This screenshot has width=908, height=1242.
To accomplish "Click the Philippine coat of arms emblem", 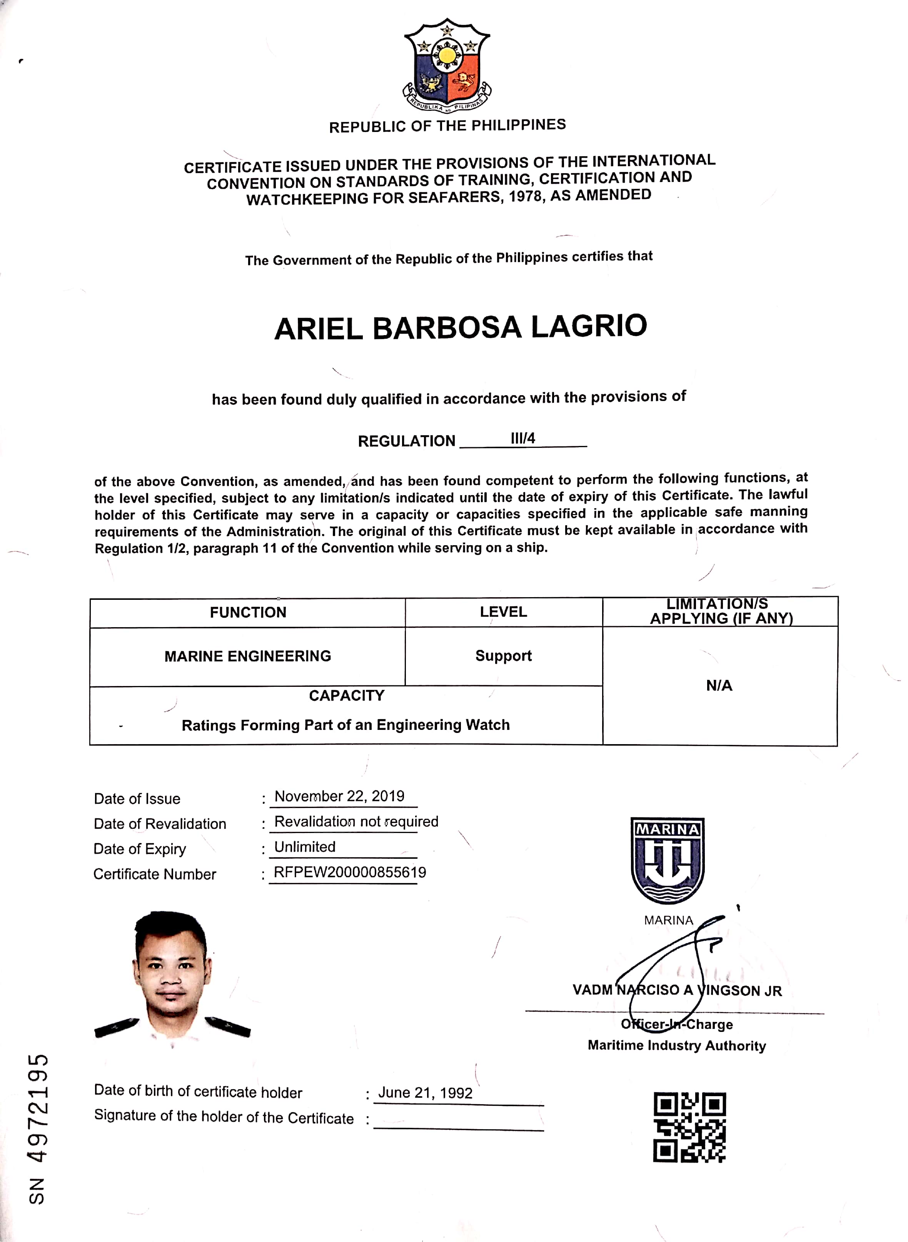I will (x=447, y=65).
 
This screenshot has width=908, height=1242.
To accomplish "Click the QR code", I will (x=689, y=1127).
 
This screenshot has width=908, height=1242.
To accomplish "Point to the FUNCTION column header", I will (x=248, y=612).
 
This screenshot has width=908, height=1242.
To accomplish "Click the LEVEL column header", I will (x=503, y=612).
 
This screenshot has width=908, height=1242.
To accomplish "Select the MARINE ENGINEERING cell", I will (x=248, y=656).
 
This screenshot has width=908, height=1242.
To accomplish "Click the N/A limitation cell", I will (x=719, y=685).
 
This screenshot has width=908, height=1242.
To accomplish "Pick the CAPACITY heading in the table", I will (x=346, y=696).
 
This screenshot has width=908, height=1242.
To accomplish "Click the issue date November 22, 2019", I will (x=339, y=796).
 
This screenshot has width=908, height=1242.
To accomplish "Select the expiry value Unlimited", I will (x=305, y=847).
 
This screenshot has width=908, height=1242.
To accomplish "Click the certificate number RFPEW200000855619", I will (x=350, y=872).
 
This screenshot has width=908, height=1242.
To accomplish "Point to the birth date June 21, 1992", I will (x=425, y=1092).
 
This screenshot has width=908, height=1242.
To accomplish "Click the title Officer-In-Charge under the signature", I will (x=677, y=1024).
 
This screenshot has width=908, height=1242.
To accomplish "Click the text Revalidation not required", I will (x=356, y=821).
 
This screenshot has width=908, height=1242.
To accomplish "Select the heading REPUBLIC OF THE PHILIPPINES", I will (x=447, y=126).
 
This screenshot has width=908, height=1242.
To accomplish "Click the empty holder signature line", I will (x=458, y=1121).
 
